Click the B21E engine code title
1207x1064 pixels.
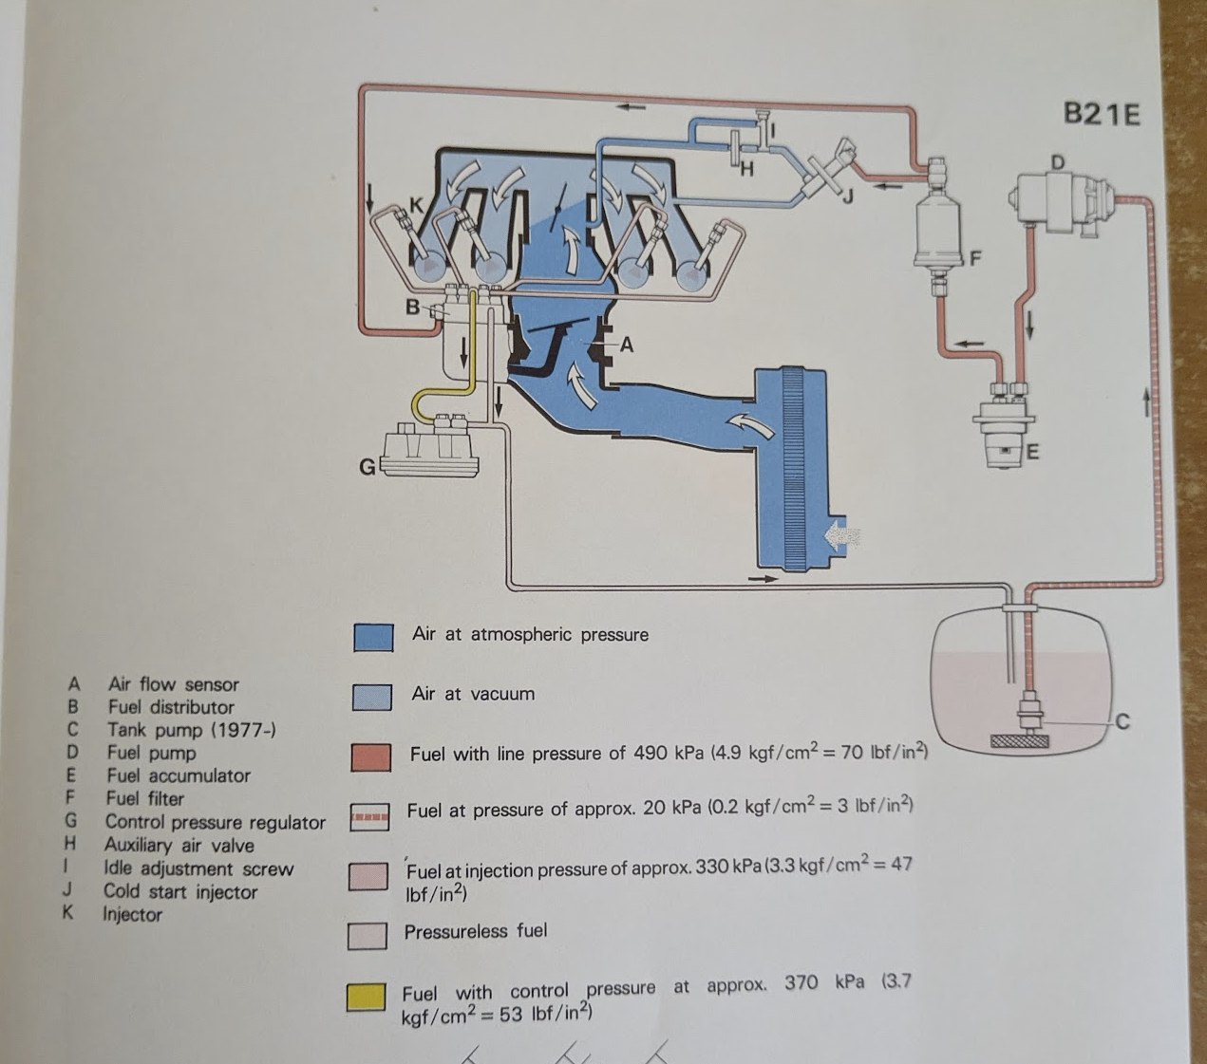point(1101,115)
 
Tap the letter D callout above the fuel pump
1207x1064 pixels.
point(1057,162)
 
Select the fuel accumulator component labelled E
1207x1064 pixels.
point(1006,432)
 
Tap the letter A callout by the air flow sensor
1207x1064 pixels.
point(626,345)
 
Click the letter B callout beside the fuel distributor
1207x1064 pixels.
point(412,308)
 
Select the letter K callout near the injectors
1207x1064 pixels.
point(415,204)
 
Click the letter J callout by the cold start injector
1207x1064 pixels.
point(848,197)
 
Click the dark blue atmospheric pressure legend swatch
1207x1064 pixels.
point(373,637)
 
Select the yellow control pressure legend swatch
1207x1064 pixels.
point(367,998)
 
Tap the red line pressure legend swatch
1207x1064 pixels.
point(370,757)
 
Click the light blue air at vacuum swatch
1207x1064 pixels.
point(371,697)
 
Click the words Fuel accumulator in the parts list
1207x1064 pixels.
point(179,775)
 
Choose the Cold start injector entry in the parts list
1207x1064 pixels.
point(180,891)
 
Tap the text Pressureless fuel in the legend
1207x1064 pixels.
point(476,931)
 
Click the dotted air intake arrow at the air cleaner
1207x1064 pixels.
point(841,536)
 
